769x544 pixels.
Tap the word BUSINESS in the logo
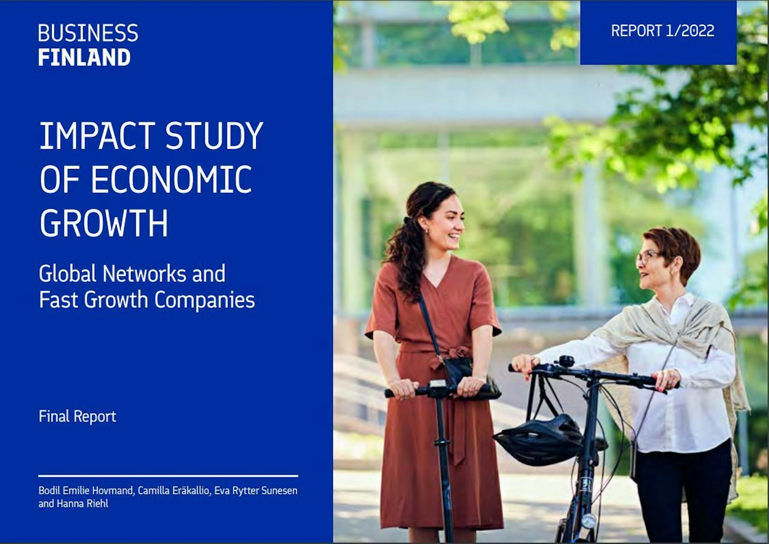(88, 33)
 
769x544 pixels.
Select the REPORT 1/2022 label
(663, 31)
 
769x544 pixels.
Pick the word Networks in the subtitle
(144, 274)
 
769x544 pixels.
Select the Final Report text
(77, 416)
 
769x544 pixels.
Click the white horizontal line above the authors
(168, 476)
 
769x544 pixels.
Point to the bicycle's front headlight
(589, 521)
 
